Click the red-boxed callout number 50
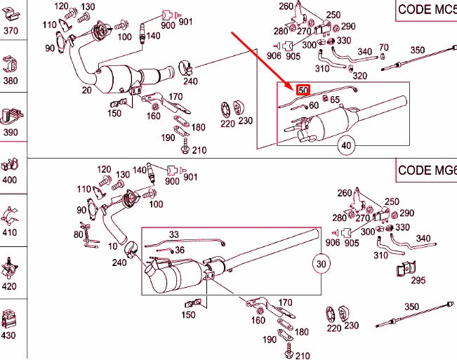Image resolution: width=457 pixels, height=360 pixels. coord(303,91)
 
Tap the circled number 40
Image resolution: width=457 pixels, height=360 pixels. coord(346,146)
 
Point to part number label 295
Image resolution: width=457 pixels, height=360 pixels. coord(418,281)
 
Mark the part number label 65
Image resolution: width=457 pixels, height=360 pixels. coord(335,100)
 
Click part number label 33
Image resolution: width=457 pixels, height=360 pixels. coord(173,234)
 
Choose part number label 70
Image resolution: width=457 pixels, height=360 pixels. coord(383,48)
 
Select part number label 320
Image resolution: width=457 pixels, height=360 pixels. coord(359,76)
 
